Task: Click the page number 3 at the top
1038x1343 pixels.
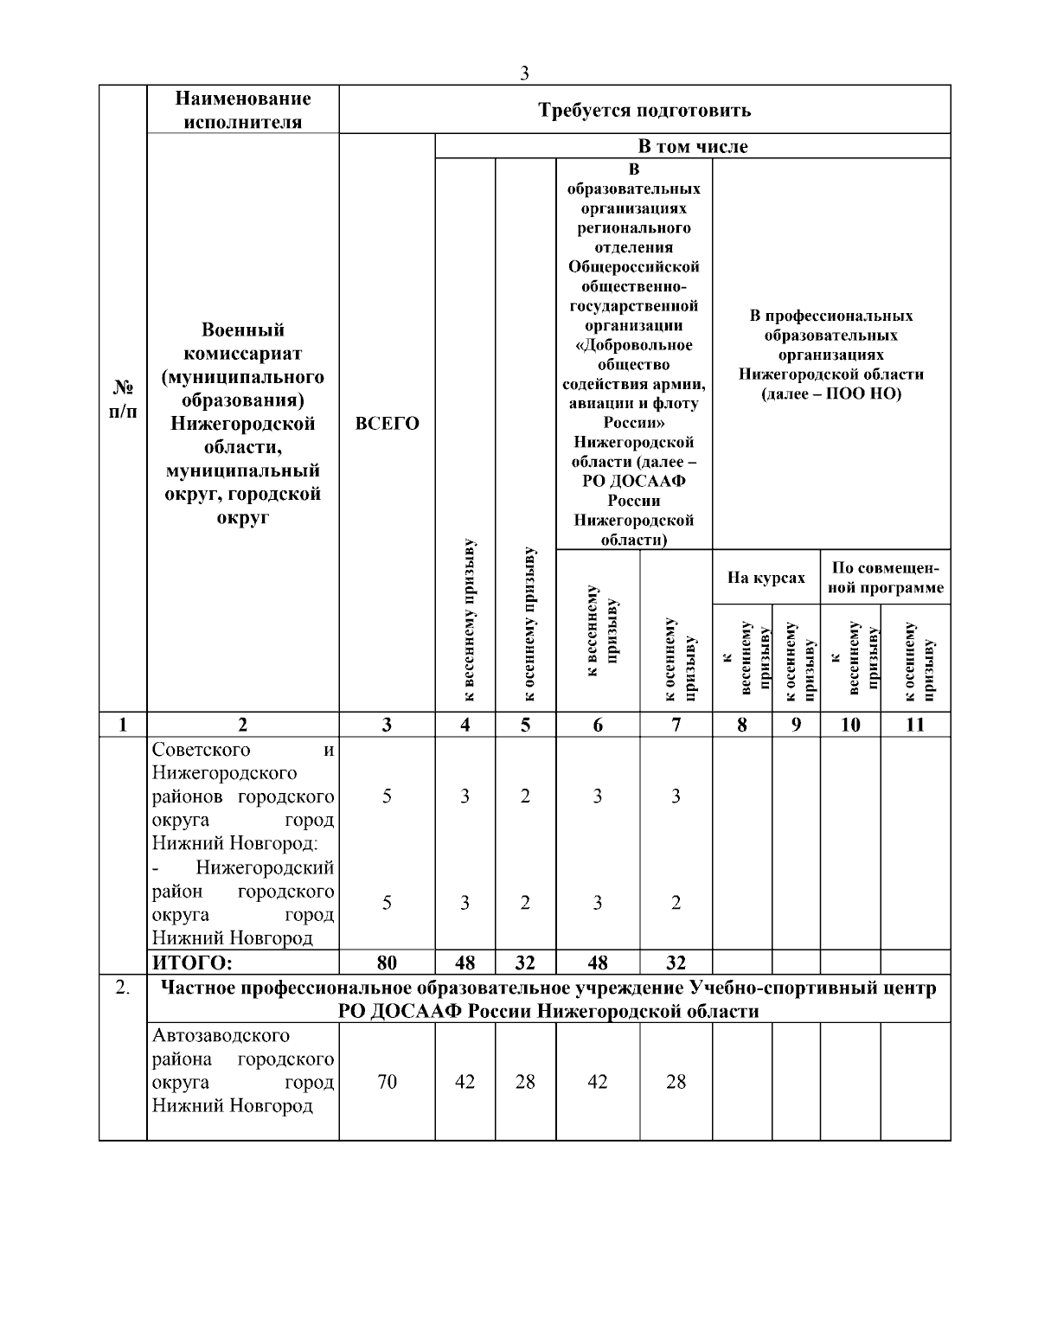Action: click(524, 74)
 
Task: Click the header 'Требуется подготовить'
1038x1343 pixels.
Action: click(644, 110)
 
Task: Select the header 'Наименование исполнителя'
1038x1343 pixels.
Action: click(242, 110)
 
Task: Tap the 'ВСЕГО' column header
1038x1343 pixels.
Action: click(387, 424)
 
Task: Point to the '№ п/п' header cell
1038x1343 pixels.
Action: click(123, 399)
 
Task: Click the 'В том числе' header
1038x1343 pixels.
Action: click(693, 146)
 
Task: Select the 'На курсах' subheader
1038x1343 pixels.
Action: click(766, 578)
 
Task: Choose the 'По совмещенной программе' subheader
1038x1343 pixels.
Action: click(885, 578)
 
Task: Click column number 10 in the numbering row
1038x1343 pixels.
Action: click(850, 725)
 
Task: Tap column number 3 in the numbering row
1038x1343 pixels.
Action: click(387, 725)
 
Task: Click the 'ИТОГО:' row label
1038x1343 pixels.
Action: click(193, 962)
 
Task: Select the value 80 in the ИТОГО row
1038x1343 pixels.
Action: click(387, 962)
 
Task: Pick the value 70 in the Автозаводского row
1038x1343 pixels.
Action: click(387, 1082)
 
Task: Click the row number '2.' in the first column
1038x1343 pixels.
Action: click(123, 988)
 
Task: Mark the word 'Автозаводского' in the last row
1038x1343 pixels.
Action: click(221, 1035)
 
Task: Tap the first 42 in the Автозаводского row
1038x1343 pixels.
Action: click(465, 1082)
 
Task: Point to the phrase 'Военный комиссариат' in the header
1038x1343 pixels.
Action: click(242, 342)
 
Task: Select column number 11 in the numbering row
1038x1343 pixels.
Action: click(915, 725)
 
